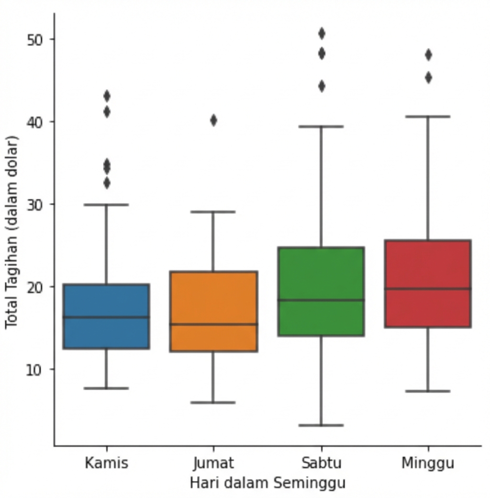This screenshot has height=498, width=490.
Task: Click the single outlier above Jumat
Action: [213, 120]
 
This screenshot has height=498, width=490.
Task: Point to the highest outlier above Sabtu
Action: [322, 34]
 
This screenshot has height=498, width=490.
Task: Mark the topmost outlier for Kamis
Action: [107, 96]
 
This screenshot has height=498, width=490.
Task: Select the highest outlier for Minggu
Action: [428, 55]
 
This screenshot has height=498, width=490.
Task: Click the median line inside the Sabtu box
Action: [321, 300]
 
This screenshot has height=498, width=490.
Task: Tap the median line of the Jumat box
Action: [213, 324]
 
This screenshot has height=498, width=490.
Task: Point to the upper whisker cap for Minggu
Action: [428, 116]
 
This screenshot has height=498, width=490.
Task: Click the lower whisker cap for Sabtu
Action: [321, 425]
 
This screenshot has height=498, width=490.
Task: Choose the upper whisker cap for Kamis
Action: [106, 204]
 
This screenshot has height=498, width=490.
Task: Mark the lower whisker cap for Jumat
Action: [213, 403]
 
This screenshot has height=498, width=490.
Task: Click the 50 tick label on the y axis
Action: [34, 39]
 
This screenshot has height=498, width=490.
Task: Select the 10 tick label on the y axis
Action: [34, 370]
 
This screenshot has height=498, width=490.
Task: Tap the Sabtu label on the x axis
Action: [322, 463]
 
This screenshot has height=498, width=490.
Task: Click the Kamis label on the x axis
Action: [106, 463]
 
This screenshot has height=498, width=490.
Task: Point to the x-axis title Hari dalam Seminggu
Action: [267, 483]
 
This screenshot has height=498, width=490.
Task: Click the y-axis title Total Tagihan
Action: [11, 232]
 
